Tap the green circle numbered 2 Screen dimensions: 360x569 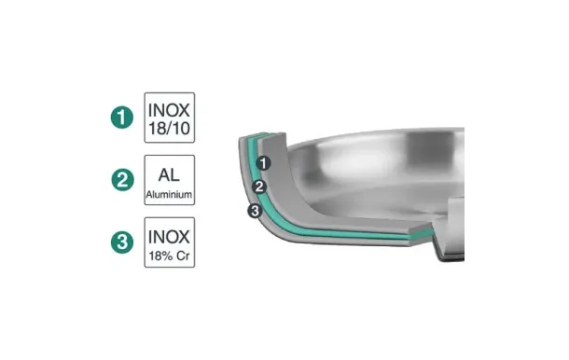(x=121, y=179)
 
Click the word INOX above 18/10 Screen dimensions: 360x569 (x=170, y=106)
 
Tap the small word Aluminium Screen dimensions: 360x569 (x=170, y=194)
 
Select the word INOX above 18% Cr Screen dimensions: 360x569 (x=170, y=232)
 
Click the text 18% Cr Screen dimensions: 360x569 (x=170, y=254)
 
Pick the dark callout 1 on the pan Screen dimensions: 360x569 (x=264, y=163)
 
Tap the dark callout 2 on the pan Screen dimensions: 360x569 (x=260, y=187)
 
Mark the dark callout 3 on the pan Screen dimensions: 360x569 (x=253, y=211)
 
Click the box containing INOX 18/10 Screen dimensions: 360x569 (x=170, y=117)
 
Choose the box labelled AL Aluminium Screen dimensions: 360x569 (x=170, y=180)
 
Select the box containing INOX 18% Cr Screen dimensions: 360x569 (x=170, y=242)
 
